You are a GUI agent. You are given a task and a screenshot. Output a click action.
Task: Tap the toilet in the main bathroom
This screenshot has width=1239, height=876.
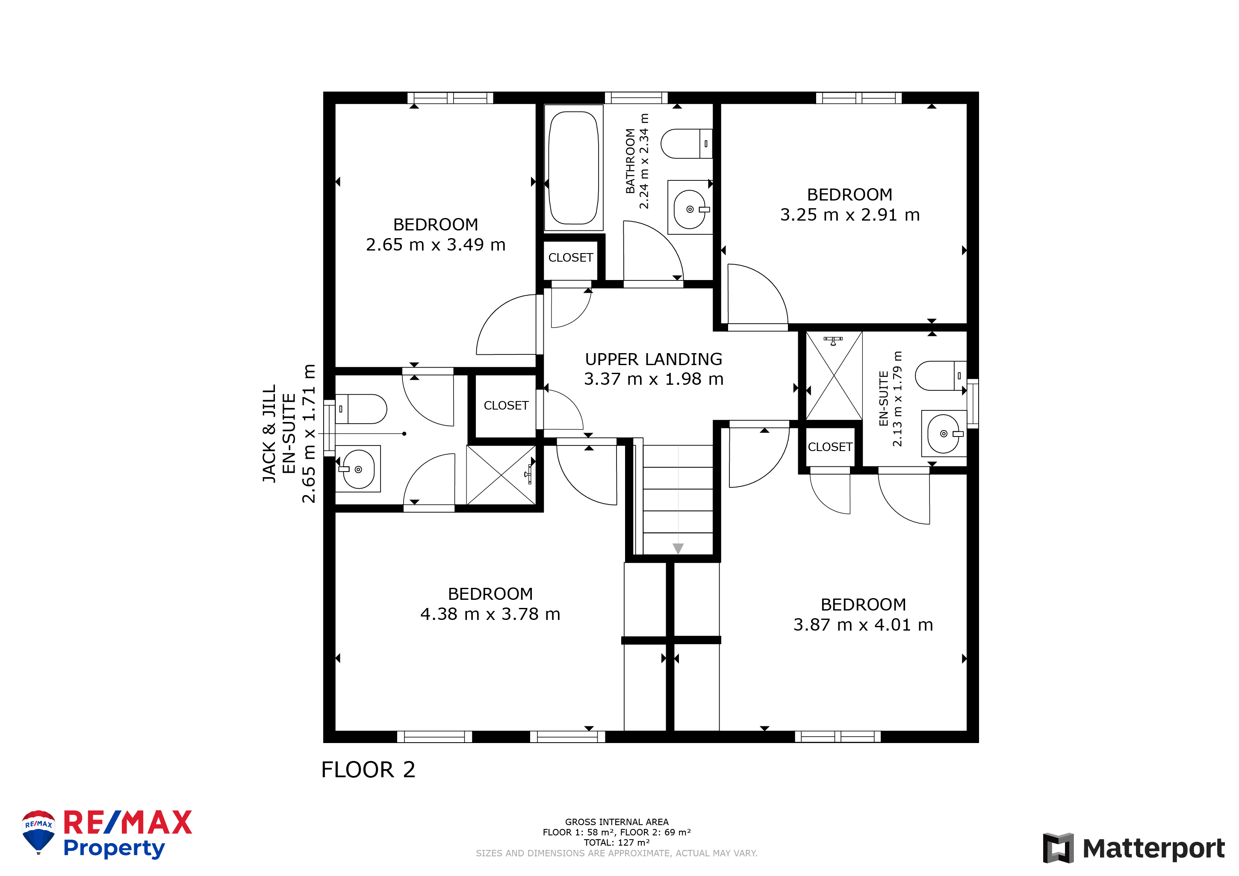coord(687,144)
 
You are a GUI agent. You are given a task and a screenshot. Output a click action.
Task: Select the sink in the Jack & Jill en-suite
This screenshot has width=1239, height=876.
coord(358,469)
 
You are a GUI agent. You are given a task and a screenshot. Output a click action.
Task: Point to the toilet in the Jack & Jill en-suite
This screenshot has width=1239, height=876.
coord(361,409)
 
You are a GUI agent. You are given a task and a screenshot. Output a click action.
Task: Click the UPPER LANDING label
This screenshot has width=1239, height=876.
coord(654,359)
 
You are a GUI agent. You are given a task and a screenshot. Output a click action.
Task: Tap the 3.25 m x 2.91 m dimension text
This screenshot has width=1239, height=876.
coord(850,214)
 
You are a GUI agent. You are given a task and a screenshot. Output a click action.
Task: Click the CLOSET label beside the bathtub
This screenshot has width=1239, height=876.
coord(570,257)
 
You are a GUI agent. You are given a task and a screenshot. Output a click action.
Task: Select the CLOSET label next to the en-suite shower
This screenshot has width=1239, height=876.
coord(830,447)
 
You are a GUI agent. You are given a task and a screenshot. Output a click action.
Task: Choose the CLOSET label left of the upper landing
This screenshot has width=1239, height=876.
coord(506,405)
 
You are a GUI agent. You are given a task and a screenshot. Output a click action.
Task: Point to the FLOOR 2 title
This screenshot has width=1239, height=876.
coord(368,770)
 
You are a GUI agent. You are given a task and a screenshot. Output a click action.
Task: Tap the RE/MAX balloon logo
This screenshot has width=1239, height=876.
coord(38,832)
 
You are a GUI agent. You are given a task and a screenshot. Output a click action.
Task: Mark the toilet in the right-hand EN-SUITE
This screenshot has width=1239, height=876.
coord(941,376)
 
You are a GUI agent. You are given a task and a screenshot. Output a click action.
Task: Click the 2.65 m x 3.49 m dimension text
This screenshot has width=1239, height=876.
coord(436,245)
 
